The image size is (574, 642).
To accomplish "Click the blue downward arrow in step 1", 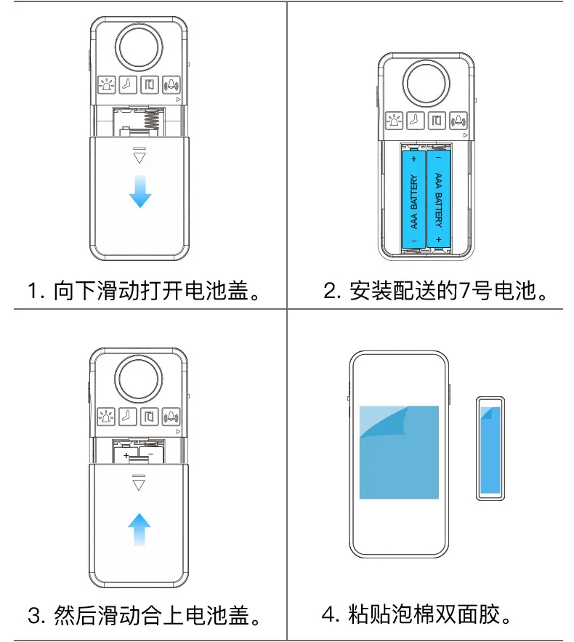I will (x=140, y=190).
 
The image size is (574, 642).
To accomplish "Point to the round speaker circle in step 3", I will (x=139, y=380).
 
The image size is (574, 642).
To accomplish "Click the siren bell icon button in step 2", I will (x=458, y=121).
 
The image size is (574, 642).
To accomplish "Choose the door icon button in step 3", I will (x=150, y=417).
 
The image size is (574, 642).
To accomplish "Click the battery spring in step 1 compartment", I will (x=153, y=117).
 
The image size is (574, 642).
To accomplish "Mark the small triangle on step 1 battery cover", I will (x=140, y=157).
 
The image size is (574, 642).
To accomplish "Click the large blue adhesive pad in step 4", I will (x=399, y=452).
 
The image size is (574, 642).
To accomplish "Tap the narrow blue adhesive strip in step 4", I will (x=490, y=449).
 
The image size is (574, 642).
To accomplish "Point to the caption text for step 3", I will (x=143, y=617).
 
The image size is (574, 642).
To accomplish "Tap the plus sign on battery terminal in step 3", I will (x=126, y=455).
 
